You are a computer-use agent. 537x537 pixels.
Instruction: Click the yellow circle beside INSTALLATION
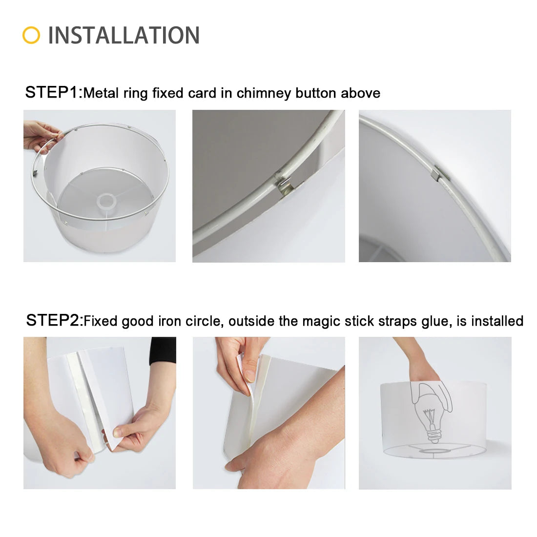31,35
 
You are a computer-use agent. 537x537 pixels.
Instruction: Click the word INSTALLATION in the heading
124,35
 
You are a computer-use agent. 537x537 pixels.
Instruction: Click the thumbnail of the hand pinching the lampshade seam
100,413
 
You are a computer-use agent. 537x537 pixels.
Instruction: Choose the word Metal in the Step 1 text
101,93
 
